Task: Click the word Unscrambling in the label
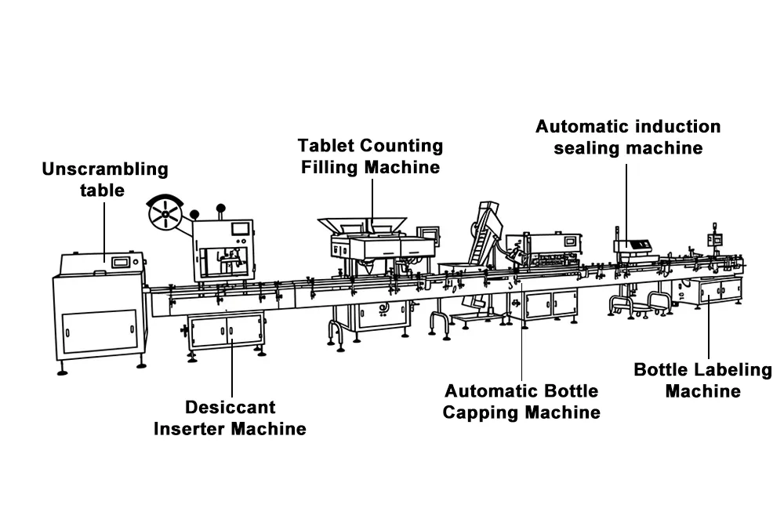click(105, 169)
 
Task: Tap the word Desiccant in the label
click(230, 407)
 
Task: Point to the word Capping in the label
click(481, 412)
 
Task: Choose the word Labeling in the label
click(735, 370)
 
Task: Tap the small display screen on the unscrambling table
click(121, 262)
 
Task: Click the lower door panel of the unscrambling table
click(100, 331)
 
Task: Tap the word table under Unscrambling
click(103, 191)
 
